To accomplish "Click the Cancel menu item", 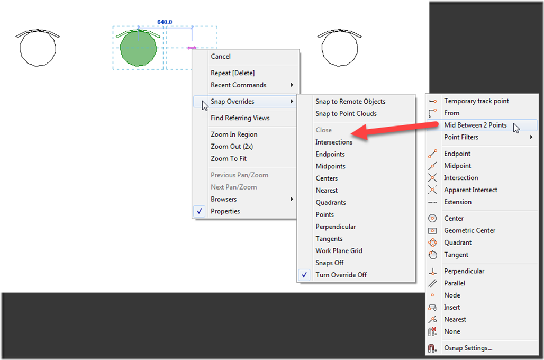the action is pos(220,57).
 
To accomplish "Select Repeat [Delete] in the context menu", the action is pos(232,73).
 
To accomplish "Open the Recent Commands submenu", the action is pos(238,85).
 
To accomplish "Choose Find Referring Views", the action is pos(240,118).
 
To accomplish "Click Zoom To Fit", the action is pos(228,159).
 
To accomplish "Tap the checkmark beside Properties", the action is pos(200,211).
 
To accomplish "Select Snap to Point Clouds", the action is pos(346,113).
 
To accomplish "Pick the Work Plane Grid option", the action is pos(339,250).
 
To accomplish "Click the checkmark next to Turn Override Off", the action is pos(304,275).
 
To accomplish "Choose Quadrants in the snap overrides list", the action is pos(331,202).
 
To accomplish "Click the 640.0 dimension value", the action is pos(165,22).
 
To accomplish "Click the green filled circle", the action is pos(138,48).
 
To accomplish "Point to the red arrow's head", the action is pos(352,133).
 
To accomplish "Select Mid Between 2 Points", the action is pos(475,125).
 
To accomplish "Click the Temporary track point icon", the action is pos(432,101).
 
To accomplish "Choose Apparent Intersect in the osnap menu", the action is pos(470,190).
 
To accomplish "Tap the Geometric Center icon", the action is pos(432,230).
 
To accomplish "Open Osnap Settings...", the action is pos(468,348).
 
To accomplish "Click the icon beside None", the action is pos(432,331).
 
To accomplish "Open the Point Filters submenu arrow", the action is pos(531,137).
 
